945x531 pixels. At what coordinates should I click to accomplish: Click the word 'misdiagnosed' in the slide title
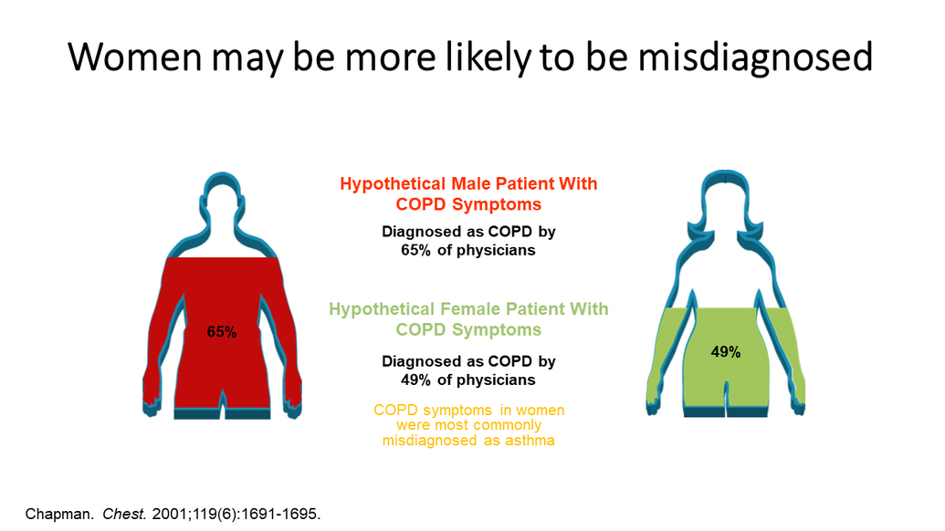coord(755,57)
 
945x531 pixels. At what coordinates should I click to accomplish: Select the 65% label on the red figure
coord(221,332)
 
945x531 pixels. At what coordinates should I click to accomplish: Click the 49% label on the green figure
coord(725,351)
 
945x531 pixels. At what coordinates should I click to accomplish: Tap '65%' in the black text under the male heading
coord(416,250)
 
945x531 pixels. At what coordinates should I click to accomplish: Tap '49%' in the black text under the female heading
coord(416,380)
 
